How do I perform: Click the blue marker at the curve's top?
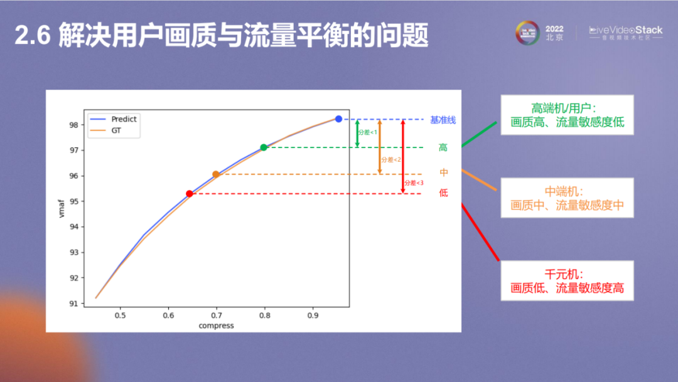click(x=338, y=119)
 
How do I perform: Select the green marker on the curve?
click(x=264, y=147)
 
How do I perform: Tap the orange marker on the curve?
click(x=216, y=174)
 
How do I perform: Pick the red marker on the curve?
click(x=190, y=194)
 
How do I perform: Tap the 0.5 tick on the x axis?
click(x=120, y=315)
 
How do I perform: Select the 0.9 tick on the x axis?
click(x=313, y=315)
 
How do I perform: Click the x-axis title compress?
click(x=216, y=326)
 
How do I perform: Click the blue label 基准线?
click(x=443, y=120)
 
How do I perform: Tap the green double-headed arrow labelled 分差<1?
click(x=357, y=133)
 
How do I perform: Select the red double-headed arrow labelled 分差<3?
click(x=403, y=157)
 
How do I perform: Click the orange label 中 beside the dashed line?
click(x=444, y=172)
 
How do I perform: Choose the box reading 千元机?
click(x=567, y=281)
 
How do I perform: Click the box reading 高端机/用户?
click(x=567, y=115)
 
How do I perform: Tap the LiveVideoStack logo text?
click(x=625, y=30)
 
